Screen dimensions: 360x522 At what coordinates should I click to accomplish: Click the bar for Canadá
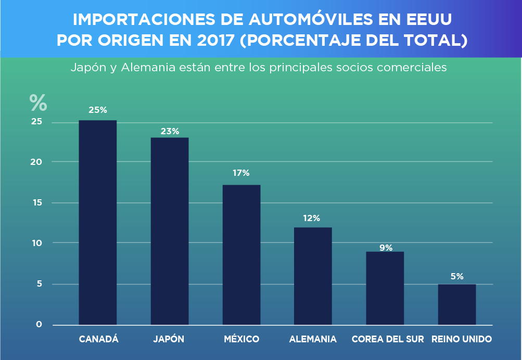97,223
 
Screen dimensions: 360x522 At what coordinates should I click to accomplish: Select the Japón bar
170,231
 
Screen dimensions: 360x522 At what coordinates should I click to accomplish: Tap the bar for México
241,255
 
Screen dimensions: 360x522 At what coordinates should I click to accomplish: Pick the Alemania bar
313,276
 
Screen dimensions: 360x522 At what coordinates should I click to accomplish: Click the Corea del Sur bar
385,288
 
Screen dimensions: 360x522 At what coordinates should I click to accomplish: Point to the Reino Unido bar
457,304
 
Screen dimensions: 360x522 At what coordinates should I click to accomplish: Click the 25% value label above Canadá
98,110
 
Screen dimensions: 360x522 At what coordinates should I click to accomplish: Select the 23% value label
170,131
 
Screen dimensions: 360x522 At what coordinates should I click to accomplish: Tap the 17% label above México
241,173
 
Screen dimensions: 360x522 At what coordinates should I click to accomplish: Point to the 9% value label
386,248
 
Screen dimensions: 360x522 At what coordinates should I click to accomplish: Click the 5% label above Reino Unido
457,276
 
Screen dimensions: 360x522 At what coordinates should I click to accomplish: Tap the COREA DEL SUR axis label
388,339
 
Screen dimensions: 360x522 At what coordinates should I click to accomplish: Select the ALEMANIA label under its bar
313,339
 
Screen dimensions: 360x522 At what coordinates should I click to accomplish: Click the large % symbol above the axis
38,102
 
